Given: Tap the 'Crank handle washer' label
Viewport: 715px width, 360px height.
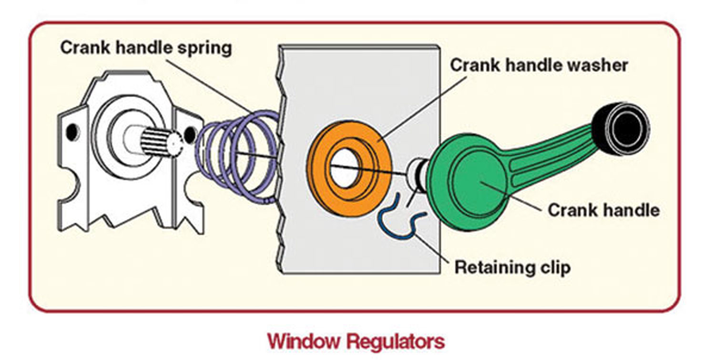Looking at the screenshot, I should [539, 65].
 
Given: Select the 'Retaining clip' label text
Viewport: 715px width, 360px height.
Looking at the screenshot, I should [512, 267].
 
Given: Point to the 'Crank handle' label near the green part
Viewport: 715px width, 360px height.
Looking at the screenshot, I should [603, 210].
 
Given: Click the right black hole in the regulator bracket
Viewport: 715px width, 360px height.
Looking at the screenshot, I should [190, 135].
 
